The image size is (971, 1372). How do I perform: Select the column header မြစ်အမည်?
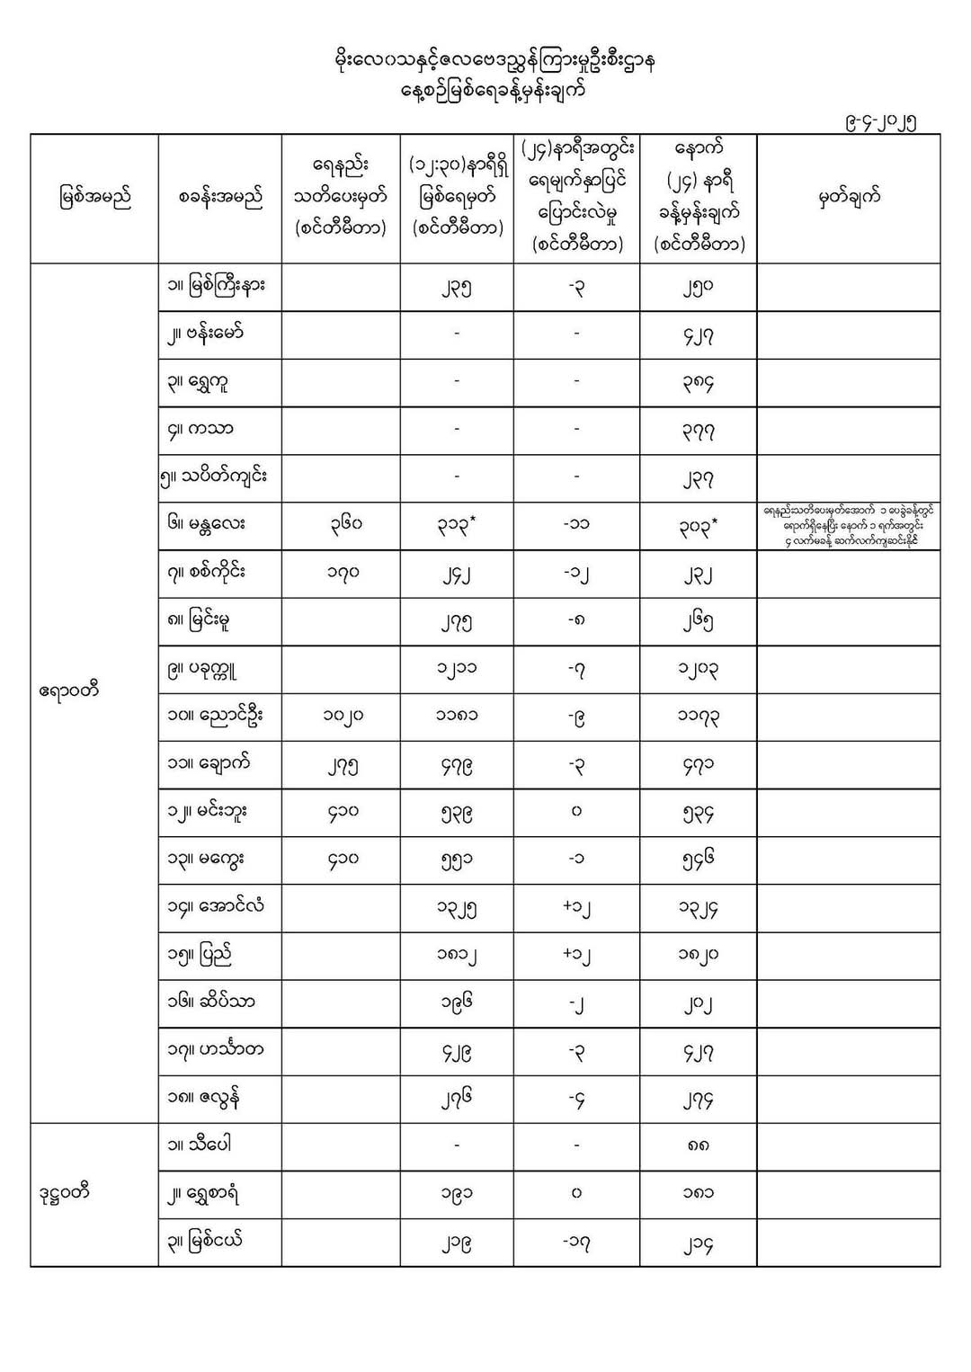[x=94, y=199]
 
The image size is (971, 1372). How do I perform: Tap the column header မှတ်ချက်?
[x=848, y=199]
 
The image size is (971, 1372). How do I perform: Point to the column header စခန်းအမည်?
[x=220, y=199]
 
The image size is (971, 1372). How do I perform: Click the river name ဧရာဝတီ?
[x=69, y=691]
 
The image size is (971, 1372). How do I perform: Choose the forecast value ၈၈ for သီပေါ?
[x=698, y=1147]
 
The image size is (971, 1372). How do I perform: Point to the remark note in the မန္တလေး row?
[x=848, y=525]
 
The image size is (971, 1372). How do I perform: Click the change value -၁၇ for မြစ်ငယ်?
[x=576, y=1243]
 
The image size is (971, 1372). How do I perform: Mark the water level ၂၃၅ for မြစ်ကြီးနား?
[x=456, y=289]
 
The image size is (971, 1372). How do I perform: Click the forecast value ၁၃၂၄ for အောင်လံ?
[x=698, y=908]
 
